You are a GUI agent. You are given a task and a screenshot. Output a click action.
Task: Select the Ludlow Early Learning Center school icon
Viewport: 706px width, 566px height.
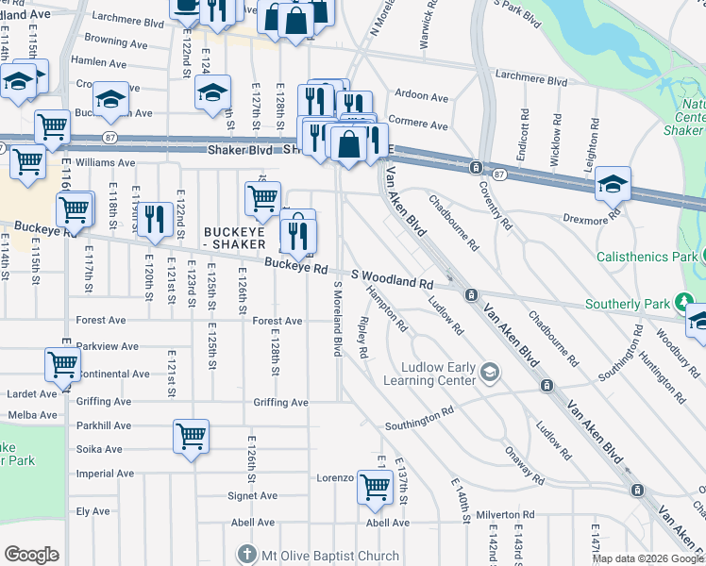pyautogui.click(x=489, y=373)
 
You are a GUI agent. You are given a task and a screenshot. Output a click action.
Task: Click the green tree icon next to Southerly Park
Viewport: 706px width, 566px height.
pyautogui.click(x=684, y=303)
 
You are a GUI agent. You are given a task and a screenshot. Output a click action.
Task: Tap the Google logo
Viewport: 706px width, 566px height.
pyautogui.click(x=31, y=555)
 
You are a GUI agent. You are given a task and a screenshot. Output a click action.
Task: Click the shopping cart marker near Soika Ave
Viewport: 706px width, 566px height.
pyautogui.click(x=191, y=437)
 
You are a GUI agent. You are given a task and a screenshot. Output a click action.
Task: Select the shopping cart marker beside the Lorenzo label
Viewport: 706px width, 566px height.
pyautogui.click(x=375, y=486)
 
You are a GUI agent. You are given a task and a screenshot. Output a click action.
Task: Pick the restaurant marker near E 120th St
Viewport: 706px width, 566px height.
pyautogui.click(x=156, y=219)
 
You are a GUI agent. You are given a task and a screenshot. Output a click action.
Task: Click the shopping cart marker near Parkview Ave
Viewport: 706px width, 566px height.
pyautogui.click(x=62, y=363)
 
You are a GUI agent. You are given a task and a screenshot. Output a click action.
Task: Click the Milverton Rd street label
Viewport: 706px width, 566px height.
pyautogui.click(x=506, y=515)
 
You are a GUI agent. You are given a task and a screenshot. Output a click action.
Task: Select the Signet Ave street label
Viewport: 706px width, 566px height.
pyautogui.click(x=253, y=495)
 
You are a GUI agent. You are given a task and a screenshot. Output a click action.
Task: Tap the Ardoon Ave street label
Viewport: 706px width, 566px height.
pyautogui.click(x=422, y=97)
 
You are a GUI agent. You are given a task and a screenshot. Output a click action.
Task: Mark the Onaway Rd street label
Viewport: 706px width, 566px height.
pyautogui.click(x=525, y=466)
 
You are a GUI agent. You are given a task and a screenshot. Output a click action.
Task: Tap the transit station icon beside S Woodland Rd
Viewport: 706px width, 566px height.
pyautogui.click(x=469, y=295)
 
